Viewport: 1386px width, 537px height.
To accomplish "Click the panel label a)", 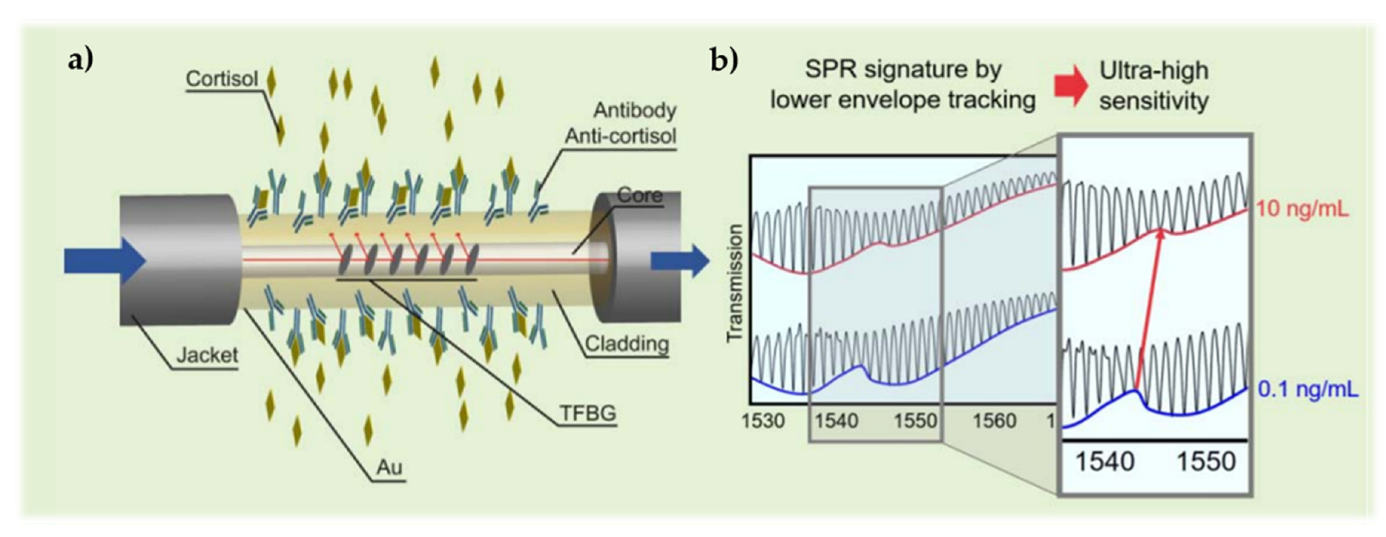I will (x=81, y=60).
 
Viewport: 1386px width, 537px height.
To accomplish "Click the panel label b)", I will (x=724, y=60).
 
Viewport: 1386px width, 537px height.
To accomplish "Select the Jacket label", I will (x=207, y=355).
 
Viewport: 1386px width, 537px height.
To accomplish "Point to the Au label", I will (x=389, y=467).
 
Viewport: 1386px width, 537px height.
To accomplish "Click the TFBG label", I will (x=588, y=413).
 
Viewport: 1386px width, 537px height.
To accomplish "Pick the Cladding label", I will (x=626, y=343).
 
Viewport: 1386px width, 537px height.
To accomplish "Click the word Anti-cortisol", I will (x=620, y=136).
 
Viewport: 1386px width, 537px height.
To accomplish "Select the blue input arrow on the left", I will (x=105, y=261).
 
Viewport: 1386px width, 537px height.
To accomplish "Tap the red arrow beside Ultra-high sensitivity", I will (x=1071, y=86).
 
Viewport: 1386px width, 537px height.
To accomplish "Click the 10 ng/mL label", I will (x=1302, y=209).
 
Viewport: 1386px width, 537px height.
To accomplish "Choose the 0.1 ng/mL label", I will (x=1308, y=390).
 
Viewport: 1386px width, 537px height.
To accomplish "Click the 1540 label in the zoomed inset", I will (x=1105, y=462).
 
